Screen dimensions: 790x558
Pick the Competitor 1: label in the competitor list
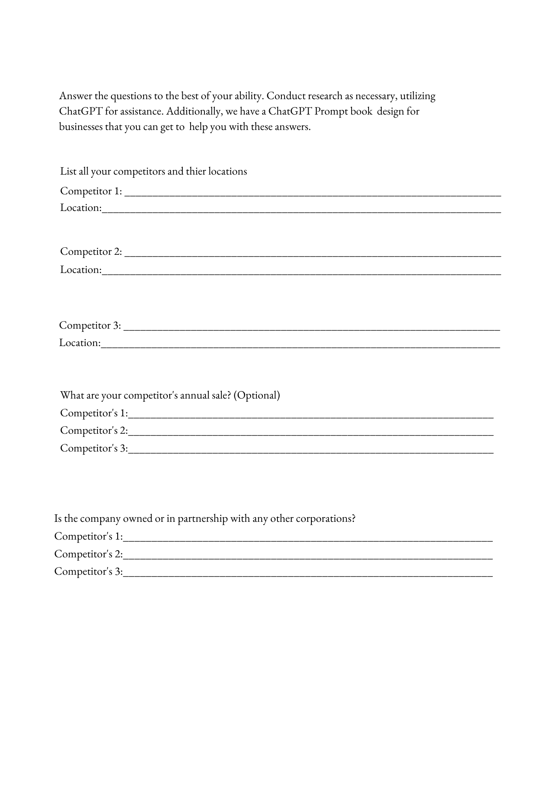click(x=91, y=191)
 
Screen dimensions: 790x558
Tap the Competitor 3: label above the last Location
click(x=90, y=325)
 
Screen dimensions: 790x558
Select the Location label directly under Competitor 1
click(x=81, y=208)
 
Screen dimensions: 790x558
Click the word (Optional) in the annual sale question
click(x=257, y=395)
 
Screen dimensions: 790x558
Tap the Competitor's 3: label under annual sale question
click(x=94, y=448)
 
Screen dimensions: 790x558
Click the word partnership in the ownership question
click(x=202, y=518)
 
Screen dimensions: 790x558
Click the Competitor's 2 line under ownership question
click(x=308, y=557)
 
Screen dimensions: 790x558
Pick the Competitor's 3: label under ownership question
click(x=88, y=572)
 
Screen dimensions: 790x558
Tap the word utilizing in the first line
click(x=418, y=96)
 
